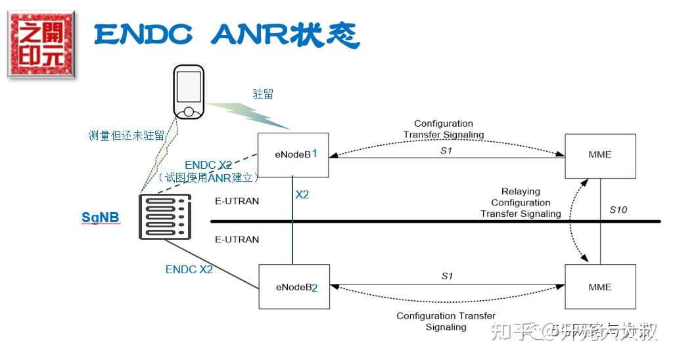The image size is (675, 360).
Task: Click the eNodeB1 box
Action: point(292,155)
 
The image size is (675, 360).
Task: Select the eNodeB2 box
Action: point(293,287)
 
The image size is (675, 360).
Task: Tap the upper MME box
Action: point(600,156)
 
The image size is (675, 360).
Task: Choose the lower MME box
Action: point(600,287)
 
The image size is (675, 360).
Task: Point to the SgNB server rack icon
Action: point(164,216)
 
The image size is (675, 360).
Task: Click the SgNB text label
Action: point(101,217)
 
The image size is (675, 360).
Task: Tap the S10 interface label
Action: point(618,210)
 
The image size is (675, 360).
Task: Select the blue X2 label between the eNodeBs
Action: point(302,194)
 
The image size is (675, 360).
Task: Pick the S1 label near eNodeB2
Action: point(447,276)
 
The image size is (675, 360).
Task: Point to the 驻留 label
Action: point(263,94)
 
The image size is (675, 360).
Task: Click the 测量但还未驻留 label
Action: point(126,135)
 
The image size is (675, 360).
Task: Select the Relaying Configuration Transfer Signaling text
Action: point(521,203)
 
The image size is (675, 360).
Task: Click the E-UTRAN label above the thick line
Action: point(237,201)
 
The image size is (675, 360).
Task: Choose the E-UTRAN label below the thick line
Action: point(237,240)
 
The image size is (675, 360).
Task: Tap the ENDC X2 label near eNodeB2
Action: point(189,269)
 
